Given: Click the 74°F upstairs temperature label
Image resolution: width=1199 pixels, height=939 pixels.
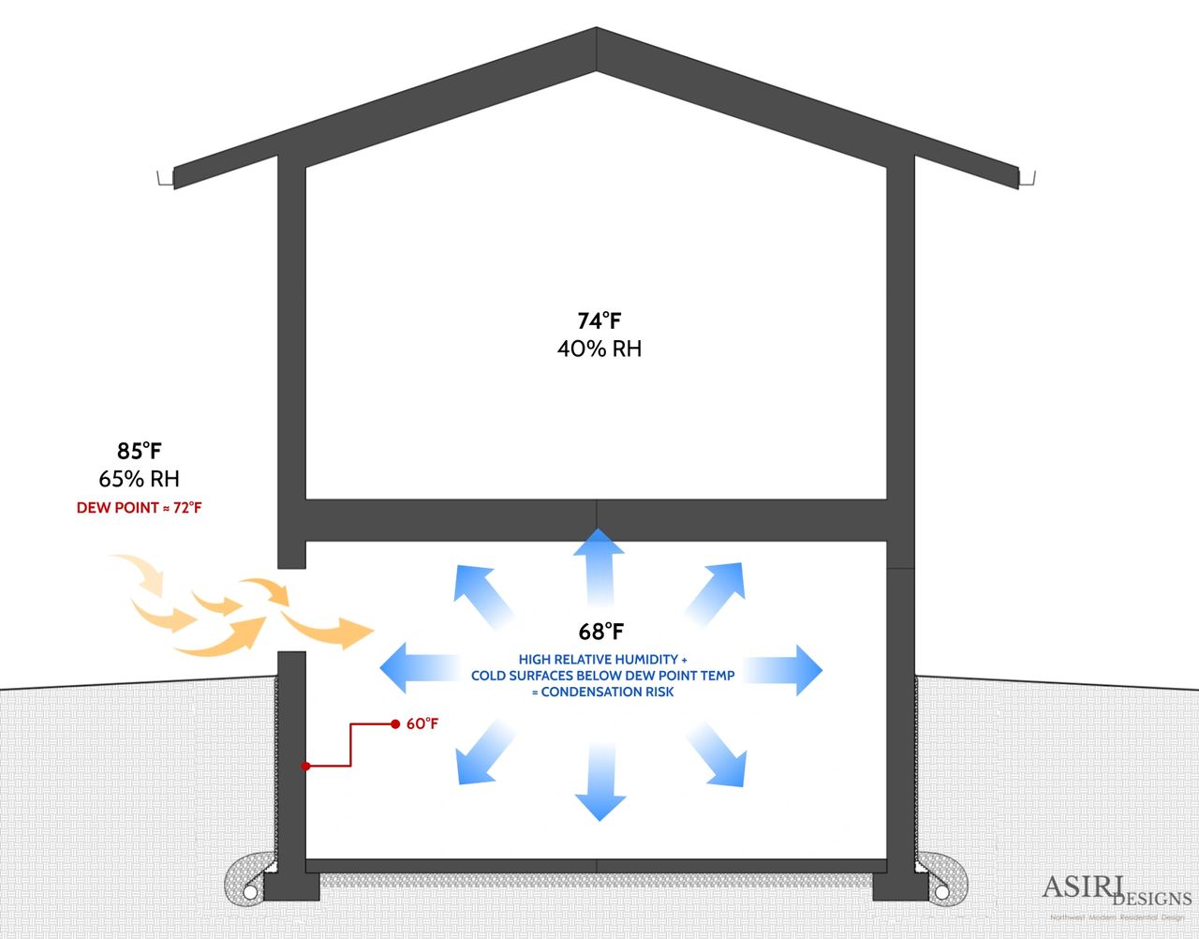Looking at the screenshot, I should (599, 321).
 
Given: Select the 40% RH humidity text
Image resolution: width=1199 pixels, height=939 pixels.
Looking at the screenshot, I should (599, 349).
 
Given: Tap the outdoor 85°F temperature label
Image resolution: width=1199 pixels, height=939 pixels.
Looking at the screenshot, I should (140, 451).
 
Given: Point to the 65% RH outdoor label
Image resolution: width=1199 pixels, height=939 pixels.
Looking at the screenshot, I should (139, 479).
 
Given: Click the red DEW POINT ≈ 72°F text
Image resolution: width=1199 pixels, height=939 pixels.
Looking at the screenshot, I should (140, 508).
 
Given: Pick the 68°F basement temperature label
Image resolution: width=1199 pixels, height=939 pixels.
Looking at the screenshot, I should (600, 631).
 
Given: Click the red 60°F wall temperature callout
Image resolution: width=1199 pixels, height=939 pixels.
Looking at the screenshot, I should (422, 724).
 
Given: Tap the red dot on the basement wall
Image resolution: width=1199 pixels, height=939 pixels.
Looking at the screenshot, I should (305, 767).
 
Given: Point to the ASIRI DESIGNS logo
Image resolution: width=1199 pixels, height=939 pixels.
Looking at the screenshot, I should (1115, 891).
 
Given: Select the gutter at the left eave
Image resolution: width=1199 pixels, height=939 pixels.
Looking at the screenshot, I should (167, 178).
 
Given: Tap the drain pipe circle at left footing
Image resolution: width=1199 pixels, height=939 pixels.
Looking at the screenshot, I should (252, 891).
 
